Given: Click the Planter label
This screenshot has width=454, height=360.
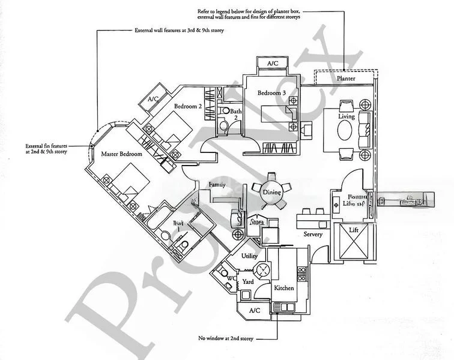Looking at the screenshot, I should click(x=345, y=79).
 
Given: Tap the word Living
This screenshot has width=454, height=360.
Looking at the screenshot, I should click(x=347, y=116).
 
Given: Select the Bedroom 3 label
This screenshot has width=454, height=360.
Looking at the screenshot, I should click(x=272, y=93).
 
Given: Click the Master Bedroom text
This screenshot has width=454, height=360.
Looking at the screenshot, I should click(x=121, y=154).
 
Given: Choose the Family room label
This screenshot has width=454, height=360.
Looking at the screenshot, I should click(x=217, y=185).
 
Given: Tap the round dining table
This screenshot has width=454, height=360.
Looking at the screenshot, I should click(x=271, y=192).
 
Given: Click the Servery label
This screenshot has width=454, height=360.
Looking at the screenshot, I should click(x=313, y=234).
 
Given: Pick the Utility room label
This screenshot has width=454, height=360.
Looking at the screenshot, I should click(x=249, y=256).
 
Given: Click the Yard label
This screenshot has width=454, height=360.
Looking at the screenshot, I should click(x=248, y=281).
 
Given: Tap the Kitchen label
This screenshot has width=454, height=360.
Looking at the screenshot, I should click(x=283, y=288).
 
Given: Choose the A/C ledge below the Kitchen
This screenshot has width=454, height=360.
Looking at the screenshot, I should click(x=254, y=310).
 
